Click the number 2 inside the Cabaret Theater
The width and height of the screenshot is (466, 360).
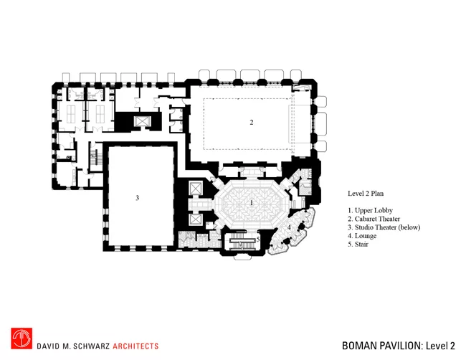tap(252, 122)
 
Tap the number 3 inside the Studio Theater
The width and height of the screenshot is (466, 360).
tap(138, 198)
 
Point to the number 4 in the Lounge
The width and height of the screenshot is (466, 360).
tap(289, 227)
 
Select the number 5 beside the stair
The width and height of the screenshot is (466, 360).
tap(258, 239)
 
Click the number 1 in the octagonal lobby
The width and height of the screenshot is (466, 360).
tap(252, 203)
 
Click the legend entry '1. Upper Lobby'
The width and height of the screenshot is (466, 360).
tap(371, 210)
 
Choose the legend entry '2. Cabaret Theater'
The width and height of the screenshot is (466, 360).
tap(374, 219)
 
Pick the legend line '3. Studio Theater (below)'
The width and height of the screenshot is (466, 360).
tap(384, 227)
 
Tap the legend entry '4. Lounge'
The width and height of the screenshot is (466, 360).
tap(362, 236)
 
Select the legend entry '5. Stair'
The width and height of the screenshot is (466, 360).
tap(358, 245)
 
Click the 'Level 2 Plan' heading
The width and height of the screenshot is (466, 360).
tap(366, 194)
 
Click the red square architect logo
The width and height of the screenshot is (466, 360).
tap(22, 338)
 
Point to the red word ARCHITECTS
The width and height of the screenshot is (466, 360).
tap(135, 346)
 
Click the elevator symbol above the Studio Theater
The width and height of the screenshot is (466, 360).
tap(143, 121)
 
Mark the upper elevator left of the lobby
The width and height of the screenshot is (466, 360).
tap(195, 188)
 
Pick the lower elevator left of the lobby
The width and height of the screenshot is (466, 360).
tap(195, 219)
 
